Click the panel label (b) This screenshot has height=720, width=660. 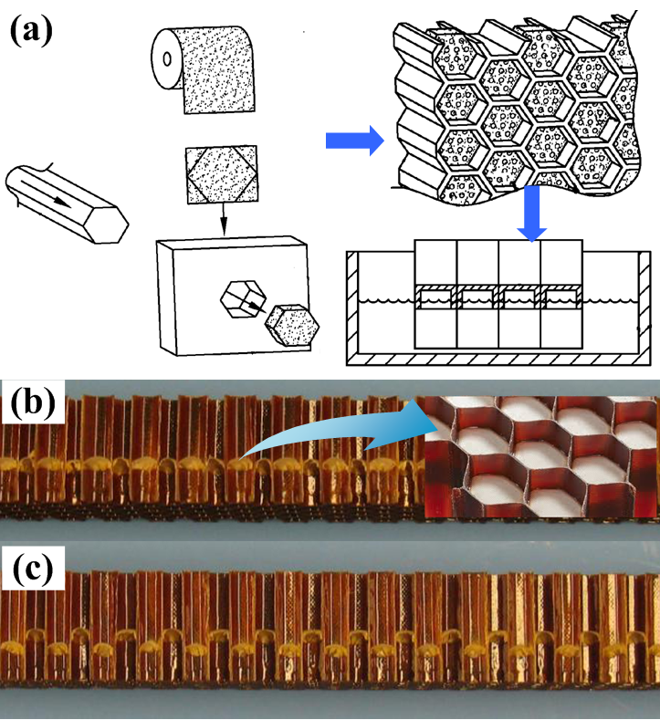pyautogui.click(x=33, y=402)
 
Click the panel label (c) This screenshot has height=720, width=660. pyautogui.click(x=33, y=569)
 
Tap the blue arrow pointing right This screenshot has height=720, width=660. pyautogui.click(x=354, y=141)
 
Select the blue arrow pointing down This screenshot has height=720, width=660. pyautogui.click(x=532, y=214)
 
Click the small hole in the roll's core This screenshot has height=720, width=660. pyautogui.click(x=167, y=59)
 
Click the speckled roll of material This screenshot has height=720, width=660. pyautogui.click(x=204, y=68)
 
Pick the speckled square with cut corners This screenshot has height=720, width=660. pyautogui.click(x=222, y=174)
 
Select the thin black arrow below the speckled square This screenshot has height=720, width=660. pyautogui.click(x=224, y=219)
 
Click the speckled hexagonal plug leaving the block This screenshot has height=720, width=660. pyautogui.click(x=291, y=325)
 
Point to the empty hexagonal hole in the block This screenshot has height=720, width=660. pyautogui.click(x=243, y=298)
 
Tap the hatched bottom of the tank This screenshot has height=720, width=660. pyautogui.click(x=498, y=359)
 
